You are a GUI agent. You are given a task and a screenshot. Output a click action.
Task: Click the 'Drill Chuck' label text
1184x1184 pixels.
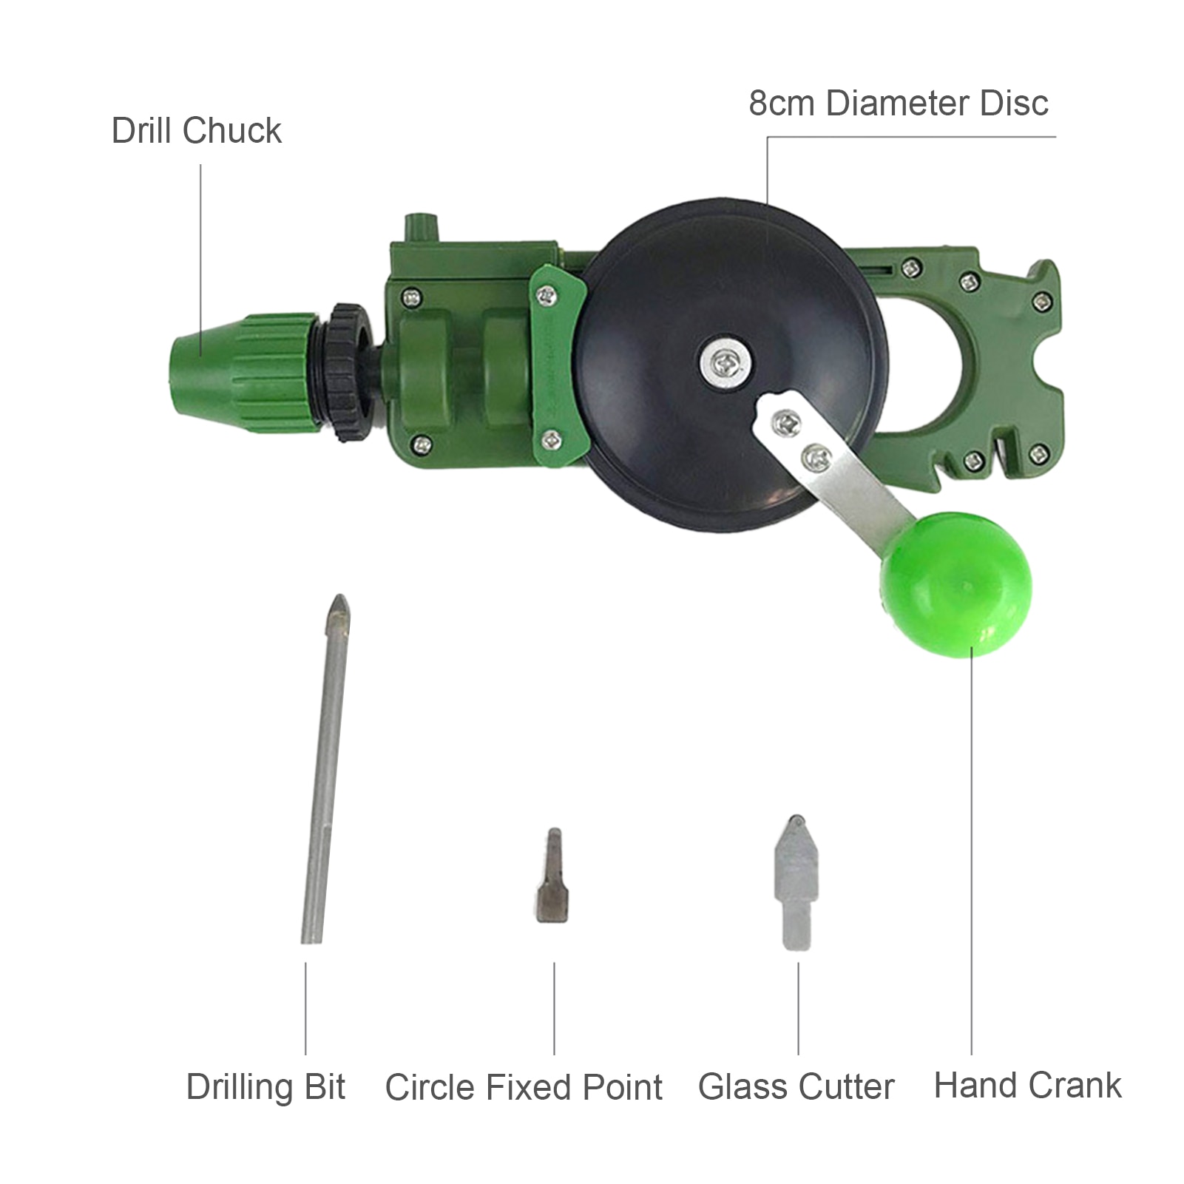point(196,131)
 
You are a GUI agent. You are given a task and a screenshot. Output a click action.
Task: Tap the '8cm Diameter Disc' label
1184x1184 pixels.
point(898,103)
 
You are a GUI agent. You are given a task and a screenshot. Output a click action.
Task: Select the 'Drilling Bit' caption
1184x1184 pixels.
point(265,1086)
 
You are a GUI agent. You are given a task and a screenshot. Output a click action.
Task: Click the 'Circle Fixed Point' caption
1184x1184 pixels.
point(524,1087)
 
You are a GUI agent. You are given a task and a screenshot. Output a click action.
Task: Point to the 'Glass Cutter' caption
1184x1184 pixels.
point(796,1086)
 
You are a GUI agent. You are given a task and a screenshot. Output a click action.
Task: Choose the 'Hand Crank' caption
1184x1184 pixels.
point(1027,1085)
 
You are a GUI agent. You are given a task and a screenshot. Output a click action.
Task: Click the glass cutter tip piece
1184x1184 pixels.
point(796,880)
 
